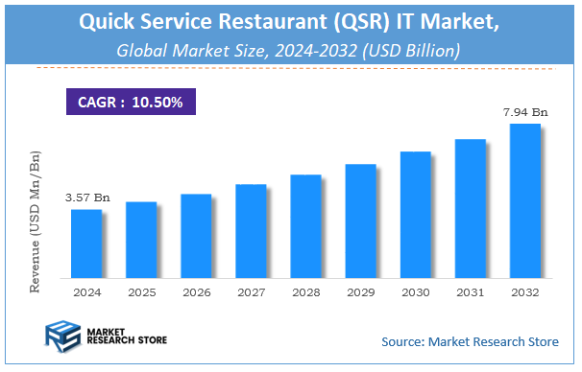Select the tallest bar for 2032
click(x=524, y=200)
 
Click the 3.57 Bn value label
click(x=87, y=198)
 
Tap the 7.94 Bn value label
click(x=524, y=112)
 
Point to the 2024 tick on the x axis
click(x=86, y=291)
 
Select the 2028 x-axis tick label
click(x=305, y=291)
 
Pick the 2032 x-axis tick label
click(x=524, y=291)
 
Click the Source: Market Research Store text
click(x=471, y=341)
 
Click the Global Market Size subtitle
click(x=290, y=49)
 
